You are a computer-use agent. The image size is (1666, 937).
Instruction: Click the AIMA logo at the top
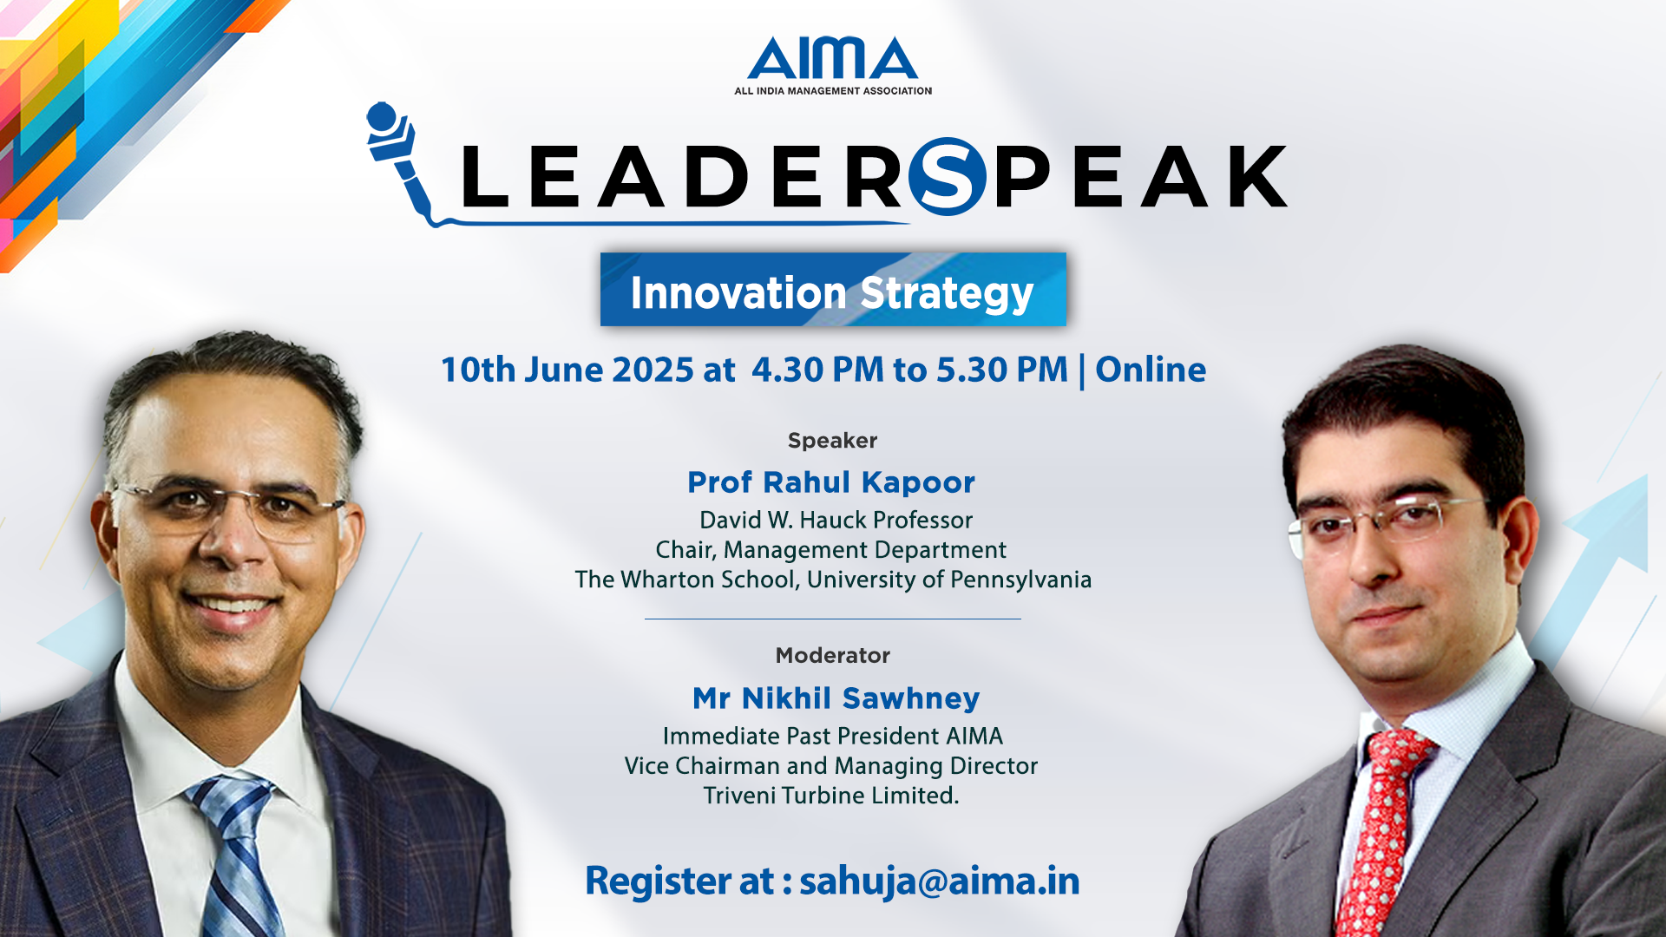(x=833, y=66)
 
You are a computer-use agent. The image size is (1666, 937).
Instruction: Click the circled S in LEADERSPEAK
(x=948, y=176)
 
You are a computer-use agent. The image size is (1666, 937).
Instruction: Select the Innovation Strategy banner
(x=833, y=290)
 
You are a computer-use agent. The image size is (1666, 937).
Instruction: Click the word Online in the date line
(x=1151, y=370)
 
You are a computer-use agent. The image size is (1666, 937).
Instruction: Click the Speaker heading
(x=832, y=441)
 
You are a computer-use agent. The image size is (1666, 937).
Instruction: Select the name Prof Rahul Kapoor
(x=831, y=482)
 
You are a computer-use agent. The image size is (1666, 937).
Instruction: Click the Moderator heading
(x=833, y=655)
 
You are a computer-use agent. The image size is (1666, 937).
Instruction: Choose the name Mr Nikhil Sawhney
(x=836, y=698)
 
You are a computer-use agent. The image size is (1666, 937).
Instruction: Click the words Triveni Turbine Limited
(x=831, y=796)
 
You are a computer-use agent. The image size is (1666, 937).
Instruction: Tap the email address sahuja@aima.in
(x=940, y=881)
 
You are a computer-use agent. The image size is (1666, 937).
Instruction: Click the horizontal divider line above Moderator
(x=833, y=619)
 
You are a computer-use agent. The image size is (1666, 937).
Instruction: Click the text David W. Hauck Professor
(x=836, y=521)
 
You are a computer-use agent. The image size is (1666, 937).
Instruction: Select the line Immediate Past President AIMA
(x=833, y=737)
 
